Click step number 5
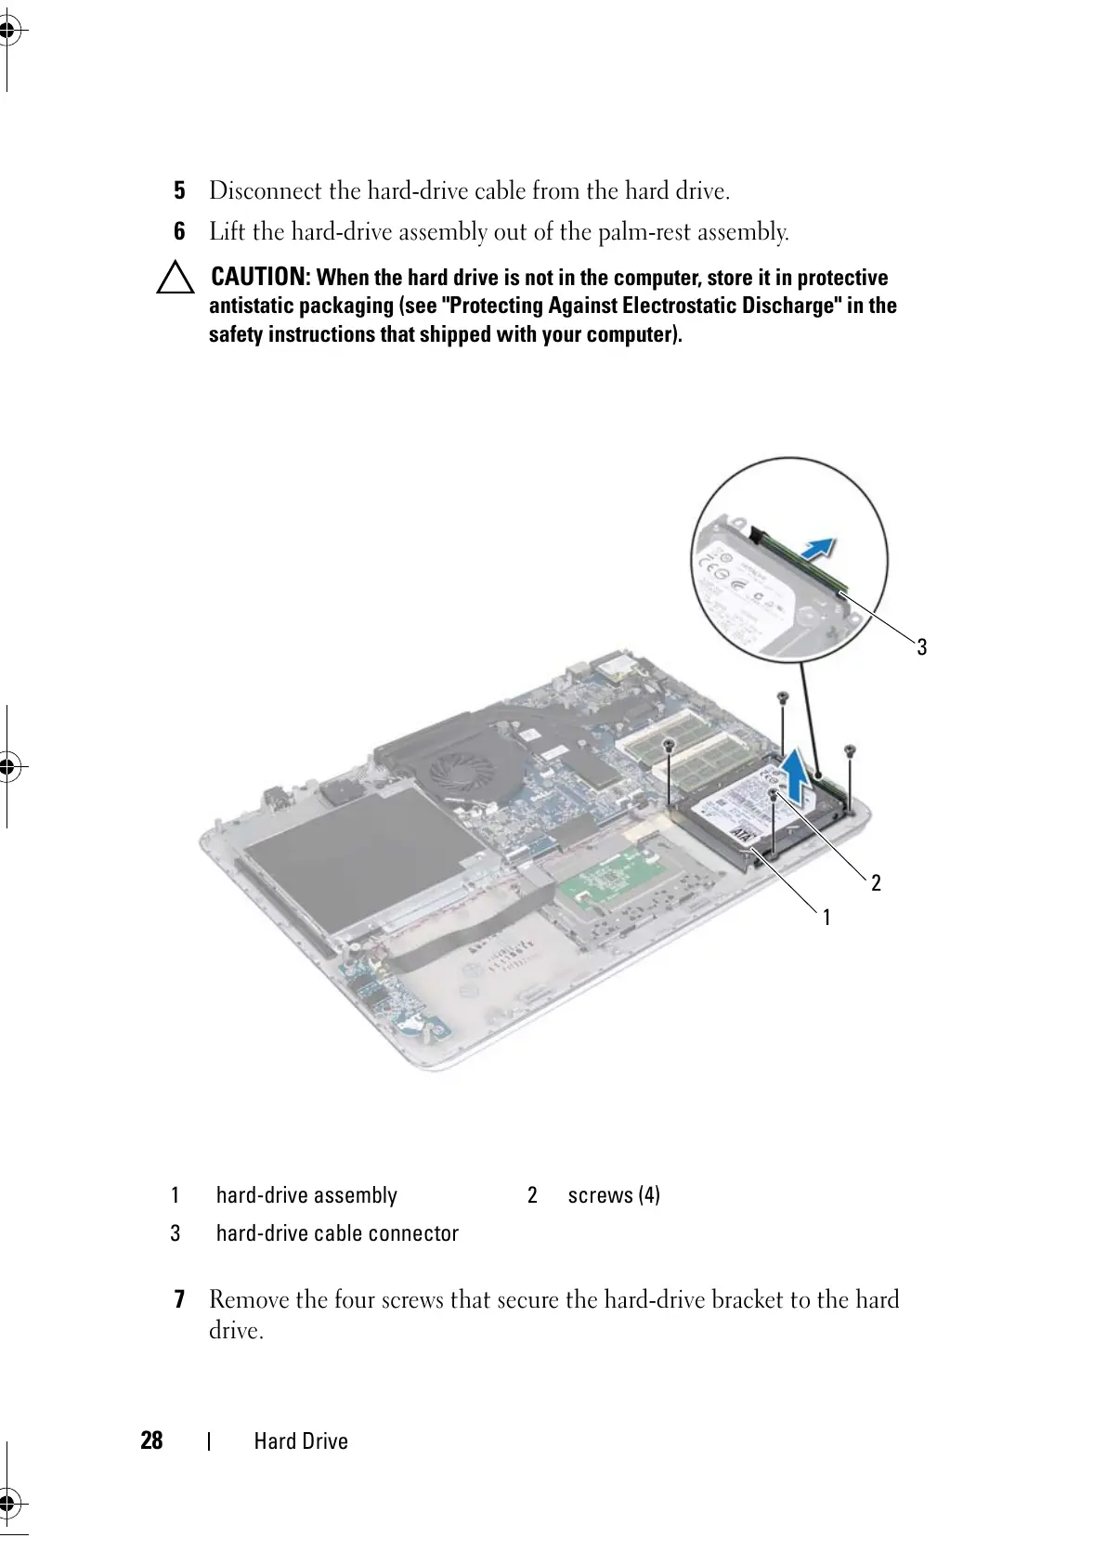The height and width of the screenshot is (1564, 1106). point(180,191)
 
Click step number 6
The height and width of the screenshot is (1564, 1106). point(180,231)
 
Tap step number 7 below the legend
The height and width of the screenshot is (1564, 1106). point(179,1298)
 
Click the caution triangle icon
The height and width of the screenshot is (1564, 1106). point(175,279)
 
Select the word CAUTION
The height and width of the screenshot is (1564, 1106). point(259,277)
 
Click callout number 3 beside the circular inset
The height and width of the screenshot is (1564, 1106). point(921,646)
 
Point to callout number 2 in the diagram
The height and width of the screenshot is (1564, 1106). point(876,882)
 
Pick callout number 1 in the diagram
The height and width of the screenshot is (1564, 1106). point(826,917)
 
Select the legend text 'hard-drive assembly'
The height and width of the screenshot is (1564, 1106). point(306,1195)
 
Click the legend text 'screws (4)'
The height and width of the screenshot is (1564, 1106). point(614,1195)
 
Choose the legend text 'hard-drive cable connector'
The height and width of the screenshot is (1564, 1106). point(337,1233)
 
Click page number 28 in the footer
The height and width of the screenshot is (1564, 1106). point(151,1440)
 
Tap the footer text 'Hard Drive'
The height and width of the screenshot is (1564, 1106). point(301,1441)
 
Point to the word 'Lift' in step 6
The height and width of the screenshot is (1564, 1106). point(227,231)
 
